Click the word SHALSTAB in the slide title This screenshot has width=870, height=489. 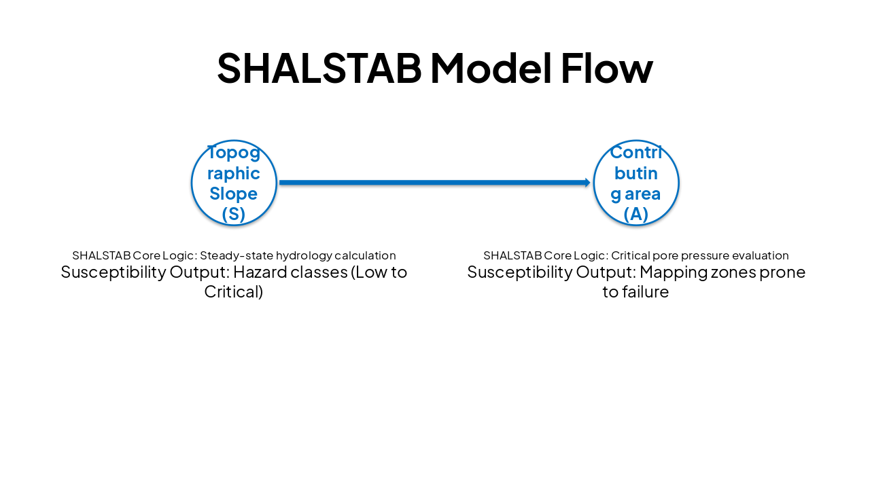(x=318, y=67)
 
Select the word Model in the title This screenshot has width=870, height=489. (x=489, y=67)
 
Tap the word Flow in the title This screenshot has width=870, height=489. (x=606, y=67)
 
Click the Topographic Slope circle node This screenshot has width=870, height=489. (x=234, y=183)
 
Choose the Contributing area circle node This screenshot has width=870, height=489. (x=636, y=183)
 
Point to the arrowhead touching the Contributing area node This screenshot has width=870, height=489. (x=587, y=183)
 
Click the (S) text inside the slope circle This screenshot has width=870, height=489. (x=234, y=214)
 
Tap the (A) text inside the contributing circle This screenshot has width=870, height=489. (x=636, y=214)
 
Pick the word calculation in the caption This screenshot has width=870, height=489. (x=365, y=256)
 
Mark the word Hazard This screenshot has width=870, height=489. (x=258, y=272)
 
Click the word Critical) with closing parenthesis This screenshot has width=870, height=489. (x=234, y=292)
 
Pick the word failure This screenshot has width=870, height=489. (x=644, y=292)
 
